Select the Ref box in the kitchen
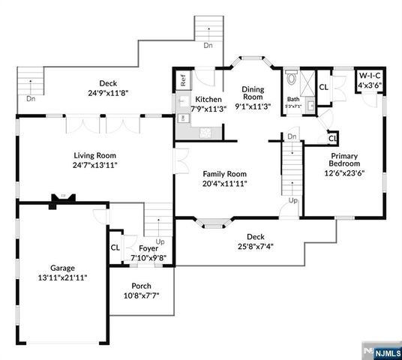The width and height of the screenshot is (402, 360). (x=182, y=79)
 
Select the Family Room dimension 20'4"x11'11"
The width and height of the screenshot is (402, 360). (x=225, y=183)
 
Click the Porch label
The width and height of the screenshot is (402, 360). (x=141, y=286)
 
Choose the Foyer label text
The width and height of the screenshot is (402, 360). (x=148, y=248)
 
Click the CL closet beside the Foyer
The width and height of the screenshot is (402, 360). (x=115, y=247)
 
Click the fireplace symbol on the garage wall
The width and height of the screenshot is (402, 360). (x=56, y=199)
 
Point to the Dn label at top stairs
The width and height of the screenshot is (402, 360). (x=208, y=45)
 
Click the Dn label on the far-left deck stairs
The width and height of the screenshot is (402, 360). (x=30, y=98)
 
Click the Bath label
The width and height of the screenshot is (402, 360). (x=292, y=99)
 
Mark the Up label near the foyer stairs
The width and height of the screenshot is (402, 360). (x=160, y=241)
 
